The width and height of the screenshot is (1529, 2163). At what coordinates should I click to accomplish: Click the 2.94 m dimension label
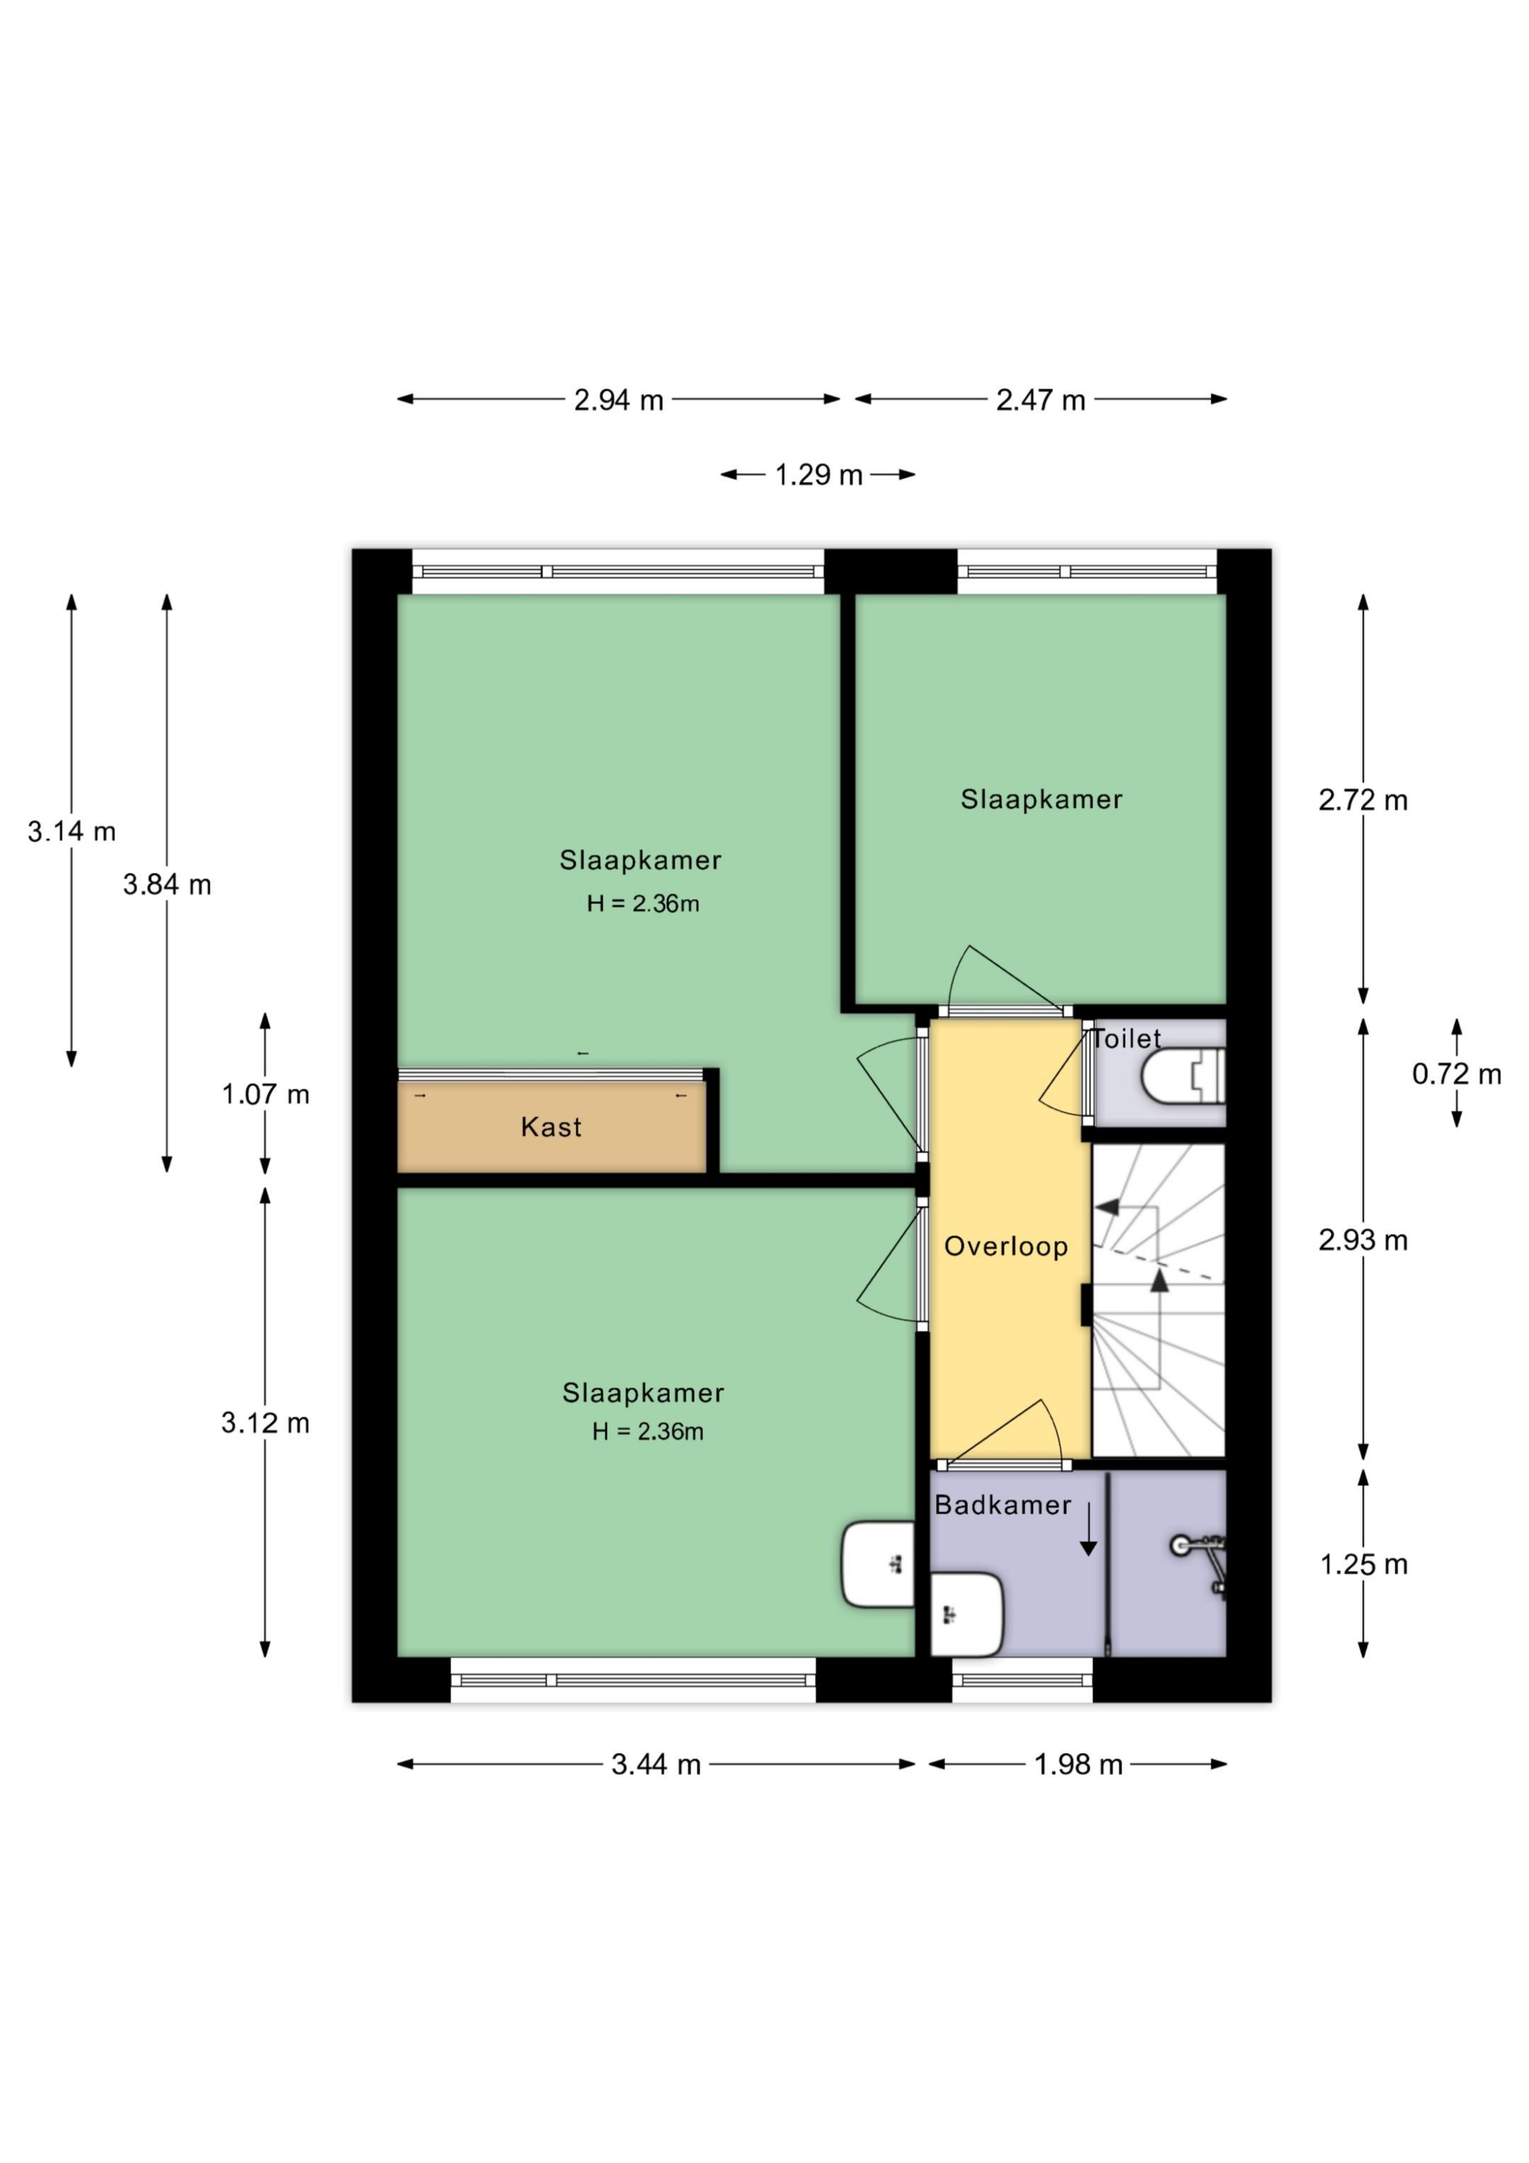point(618,400)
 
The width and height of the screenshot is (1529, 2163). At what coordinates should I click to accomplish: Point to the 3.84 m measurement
point(167,884)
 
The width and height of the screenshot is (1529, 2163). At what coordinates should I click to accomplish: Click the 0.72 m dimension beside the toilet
point(1455,1074)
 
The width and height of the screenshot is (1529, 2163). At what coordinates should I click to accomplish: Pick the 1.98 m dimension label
point(1078,1764)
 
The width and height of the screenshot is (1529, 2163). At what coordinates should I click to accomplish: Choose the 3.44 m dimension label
point(655,1764)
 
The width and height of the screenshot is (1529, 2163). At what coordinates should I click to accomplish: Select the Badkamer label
point(1002,1505)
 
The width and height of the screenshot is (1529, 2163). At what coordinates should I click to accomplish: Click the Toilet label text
point(1127,1039)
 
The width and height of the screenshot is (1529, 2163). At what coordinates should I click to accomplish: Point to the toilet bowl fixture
point(1181,1077)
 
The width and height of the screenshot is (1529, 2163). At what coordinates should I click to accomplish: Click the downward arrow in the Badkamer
point(1088,1530)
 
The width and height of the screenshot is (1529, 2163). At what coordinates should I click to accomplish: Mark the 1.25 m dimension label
point(1362,1565)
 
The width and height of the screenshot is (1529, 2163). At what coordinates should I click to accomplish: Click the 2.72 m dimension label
point(1362,801)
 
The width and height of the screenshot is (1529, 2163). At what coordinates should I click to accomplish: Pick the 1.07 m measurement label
point(265,1095)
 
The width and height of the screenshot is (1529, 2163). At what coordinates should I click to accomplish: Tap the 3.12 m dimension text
point(265,1422)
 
